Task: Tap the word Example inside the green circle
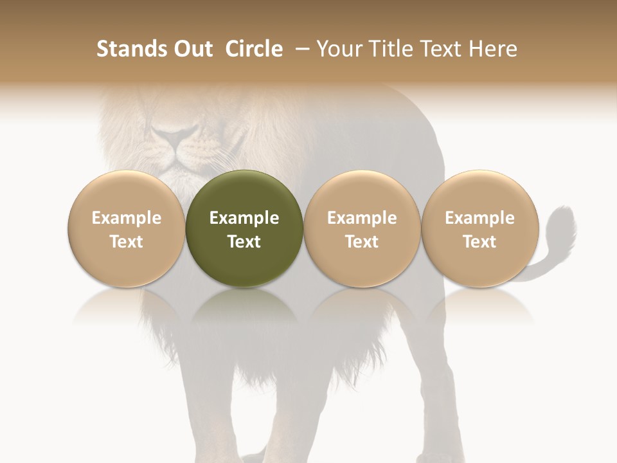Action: tap(244, 218)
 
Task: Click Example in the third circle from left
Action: tap(362, 218)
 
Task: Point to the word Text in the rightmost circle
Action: tap(479, 242)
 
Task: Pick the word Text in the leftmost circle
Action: tap(126, 242)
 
